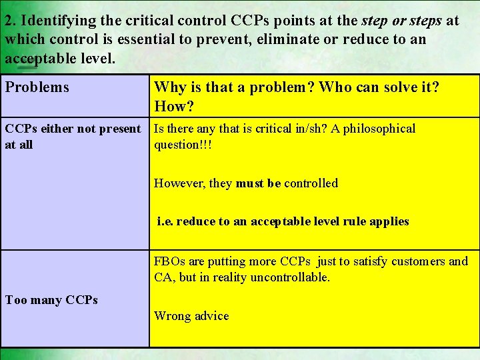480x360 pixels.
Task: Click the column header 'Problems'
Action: pos(37,87)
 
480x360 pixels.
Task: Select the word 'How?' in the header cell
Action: pos(173,106)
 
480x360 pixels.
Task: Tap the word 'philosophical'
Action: pos(377,129)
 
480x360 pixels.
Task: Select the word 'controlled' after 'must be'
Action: pos(311,183)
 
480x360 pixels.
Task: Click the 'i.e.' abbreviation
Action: pos(165,221)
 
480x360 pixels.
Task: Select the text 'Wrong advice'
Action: pos(191,316)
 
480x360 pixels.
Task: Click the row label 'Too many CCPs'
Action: pos(51,300)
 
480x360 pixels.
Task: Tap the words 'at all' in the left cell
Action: pos(19,145)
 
